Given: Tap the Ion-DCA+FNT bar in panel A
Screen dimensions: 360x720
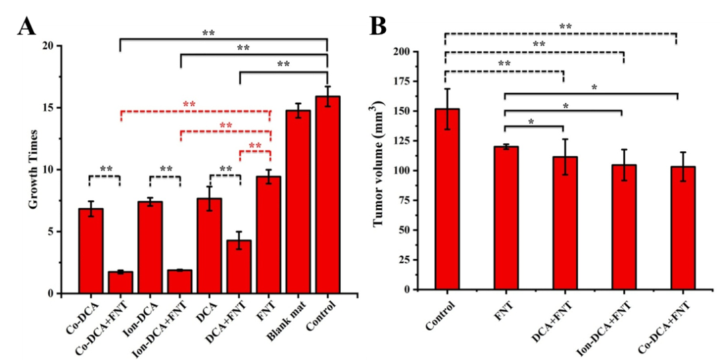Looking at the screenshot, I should (180, 282).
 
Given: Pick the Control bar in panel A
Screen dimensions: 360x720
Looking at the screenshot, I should (328, 195).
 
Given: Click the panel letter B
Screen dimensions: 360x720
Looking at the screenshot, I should (377, 28).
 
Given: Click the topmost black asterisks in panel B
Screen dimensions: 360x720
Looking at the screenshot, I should (565, 27).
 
